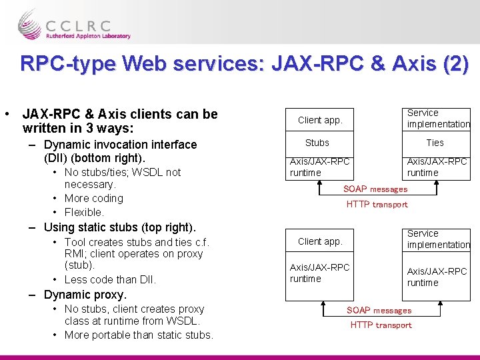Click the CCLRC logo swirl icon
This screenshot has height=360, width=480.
pyautogui.click(x=29, y=25)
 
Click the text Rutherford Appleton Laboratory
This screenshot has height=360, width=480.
pyautogui.click(x=89, y=36)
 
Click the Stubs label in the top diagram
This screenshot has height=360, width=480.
pyautogui.click(x=317, y=143)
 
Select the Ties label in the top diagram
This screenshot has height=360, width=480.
pyautogui.click(x=435, y=143)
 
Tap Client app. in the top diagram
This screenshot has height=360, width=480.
pyautogui.click(x=320, y=120)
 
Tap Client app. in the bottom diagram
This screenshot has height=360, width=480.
pyautogui.click(x=320, y=241)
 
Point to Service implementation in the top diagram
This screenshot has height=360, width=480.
pyautogui.click(x=438, y=119)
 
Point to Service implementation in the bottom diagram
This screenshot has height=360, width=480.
pyautogui.click(x=438, y=239)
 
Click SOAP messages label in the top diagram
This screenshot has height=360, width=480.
pyautogui.click(x=375, y=189)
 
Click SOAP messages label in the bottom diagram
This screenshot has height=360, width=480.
pyautogui.click(x=379, y=311)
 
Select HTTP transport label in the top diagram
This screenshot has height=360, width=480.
pyautogui.click(x=377, y=205)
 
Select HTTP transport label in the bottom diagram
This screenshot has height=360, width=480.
pyautogui.click(x=381, y=325)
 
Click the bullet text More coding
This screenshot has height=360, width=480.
pyautogui.click(x=94, y=198)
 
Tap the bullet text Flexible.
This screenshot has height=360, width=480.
pyautogui.click(x=84, y=212)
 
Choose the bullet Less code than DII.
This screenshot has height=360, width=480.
pyautogui.click(x=110, y=280)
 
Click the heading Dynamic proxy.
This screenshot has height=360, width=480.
pyautogui.click(x=85, y=295)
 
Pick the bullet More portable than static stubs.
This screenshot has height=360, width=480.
pyautogui.click(x=139, y=335)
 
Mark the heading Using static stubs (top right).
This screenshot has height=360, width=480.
pyautogui.click(x=120, y=227)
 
